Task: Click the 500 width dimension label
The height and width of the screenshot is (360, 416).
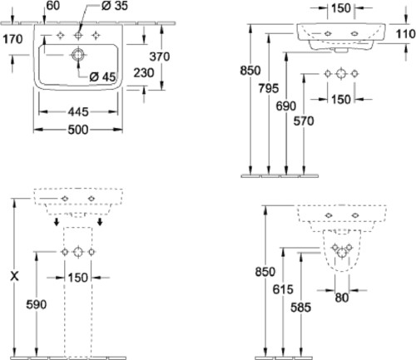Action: click(x=78, y=130)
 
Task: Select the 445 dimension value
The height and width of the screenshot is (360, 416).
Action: click(x=78, y=112)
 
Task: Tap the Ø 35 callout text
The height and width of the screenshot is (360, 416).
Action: click(x=114, y=6)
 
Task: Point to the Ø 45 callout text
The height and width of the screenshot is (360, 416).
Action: click(x=102, y=76)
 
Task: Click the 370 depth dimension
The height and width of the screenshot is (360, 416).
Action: click(x=160, y=57)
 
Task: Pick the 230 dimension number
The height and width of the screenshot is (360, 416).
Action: click(x=144, y=73)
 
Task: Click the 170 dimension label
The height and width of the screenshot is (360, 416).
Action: click(x=12, y=39)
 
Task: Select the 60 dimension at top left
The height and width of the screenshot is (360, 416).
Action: click(x=53, y=6)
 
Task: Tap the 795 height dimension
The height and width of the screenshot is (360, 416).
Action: click(x=269, y=88)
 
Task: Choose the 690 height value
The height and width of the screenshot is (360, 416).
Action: click(x=286, y=106)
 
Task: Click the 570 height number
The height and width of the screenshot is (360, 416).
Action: click(x=304, y=121)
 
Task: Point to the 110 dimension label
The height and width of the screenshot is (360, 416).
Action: click(x=405, y=34)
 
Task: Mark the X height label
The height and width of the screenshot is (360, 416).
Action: click(x=14, y=276)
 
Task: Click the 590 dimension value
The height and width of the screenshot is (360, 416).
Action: click(x=37, y=304)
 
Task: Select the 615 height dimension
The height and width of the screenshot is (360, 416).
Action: click(x=283, y=289)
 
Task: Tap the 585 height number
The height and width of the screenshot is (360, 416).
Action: click(x=301, y=308)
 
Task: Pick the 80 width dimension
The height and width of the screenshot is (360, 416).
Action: click(x=342, y=298)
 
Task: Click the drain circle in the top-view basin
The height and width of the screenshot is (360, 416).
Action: click(x=78, y=55)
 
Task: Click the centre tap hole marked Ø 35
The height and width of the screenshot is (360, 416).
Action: click(x=78, y=35)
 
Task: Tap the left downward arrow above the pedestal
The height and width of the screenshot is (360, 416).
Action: click(x=57, y=221)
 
